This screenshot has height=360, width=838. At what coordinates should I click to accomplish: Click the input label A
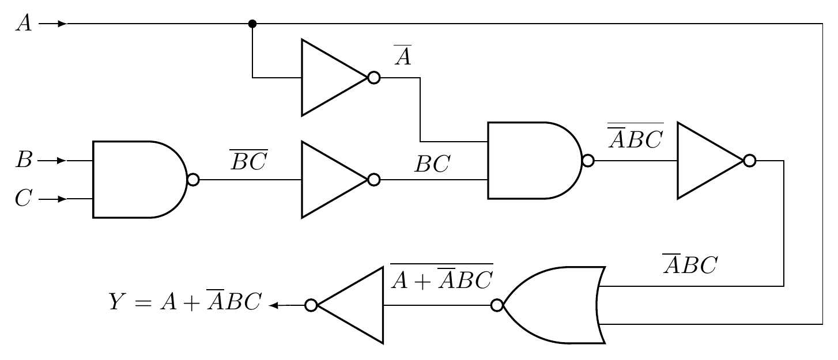coord(23,25)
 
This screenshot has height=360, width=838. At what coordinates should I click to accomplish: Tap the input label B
coord(23,161)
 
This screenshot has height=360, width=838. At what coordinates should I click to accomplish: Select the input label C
coord(23,199)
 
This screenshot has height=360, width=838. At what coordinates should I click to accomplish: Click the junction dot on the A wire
coord(252,24)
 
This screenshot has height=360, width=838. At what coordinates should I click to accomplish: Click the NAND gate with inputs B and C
coord(138,180)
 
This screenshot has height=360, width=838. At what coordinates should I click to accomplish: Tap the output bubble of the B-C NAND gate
coord(194,180)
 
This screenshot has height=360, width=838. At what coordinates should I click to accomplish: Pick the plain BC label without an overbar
coord(432,165)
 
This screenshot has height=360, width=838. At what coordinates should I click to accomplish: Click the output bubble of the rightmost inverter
coord(749,161)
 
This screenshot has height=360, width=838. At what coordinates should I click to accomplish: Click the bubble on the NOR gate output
coord(496,305)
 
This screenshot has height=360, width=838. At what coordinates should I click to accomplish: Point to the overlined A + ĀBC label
coord(441,278)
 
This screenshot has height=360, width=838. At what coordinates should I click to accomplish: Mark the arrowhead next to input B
coord(62,161)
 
